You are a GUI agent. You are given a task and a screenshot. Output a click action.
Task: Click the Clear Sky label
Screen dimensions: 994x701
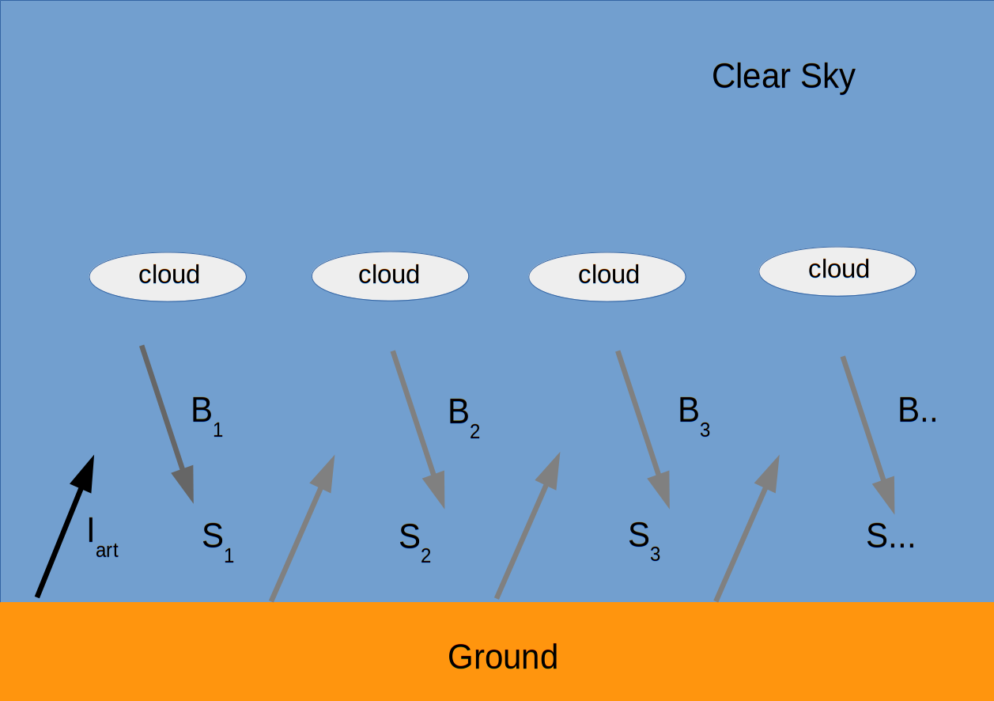click(x=783, y=77)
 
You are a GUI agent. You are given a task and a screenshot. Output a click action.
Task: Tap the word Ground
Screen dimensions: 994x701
click(x=502, y=657)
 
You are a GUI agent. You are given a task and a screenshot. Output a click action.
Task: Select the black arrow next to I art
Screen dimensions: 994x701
click(x=65, y=526)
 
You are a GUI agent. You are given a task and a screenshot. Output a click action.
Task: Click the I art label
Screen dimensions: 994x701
click(x=103, y=538)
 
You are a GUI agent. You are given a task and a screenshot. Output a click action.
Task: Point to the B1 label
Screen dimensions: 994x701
click(x=207, y=416)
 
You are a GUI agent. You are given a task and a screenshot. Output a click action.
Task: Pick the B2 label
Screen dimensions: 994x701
click(x=463, y=417)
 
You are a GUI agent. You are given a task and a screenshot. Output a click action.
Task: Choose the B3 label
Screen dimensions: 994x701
click(x=694, y=416)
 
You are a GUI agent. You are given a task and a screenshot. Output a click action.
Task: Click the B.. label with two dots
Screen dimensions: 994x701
click(x=917, y=410)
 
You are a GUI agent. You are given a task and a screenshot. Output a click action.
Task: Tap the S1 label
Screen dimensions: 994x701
click(x=218, y=542)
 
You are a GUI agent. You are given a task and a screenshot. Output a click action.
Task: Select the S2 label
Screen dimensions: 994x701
click(x=415, y=542)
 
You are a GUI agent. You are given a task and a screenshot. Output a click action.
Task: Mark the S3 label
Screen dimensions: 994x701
click(x=644, y=540)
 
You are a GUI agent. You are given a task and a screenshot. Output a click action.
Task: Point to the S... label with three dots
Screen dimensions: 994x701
click(x=890, y=536)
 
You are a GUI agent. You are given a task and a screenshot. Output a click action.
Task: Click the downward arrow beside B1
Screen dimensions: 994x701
click(x=168, y=424)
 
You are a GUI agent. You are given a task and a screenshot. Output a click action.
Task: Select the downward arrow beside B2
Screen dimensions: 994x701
click(x=418, y=430)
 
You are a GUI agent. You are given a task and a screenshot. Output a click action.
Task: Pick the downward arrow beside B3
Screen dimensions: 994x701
click(x=644, y=430)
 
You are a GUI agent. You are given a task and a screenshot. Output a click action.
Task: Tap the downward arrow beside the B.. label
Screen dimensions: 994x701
click(x=868, y=434)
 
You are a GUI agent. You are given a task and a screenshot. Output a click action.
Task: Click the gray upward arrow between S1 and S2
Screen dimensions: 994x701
click(x=302, y=529)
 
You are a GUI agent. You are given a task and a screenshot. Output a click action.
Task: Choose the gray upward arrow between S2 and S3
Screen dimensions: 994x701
click(x=527, y=526)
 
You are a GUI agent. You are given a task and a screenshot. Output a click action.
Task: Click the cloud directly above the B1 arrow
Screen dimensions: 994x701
click(x=168, y=277)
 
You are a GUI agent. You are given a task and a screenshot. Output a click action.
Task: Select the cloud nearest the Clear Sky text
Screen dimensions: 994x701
click(x=837, y=271)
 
